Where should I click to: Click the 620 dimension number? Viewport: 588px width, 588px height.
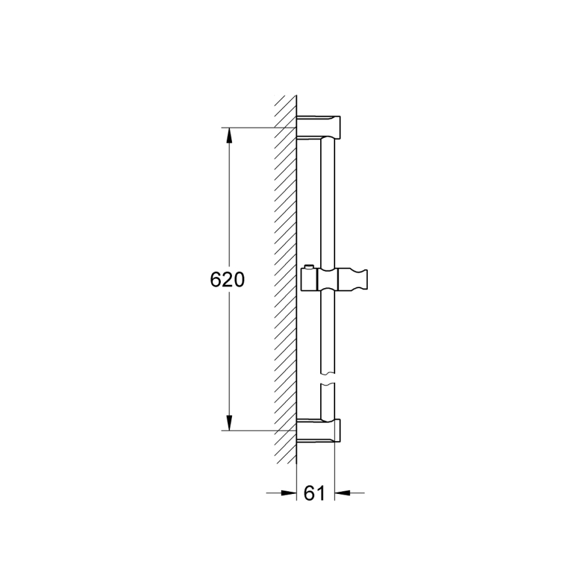point(227,280)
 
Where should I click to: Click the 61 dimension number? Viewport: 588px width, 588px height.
point(314,493)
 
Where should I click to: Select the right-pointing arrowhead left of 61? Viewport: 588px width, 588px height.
point(289,493)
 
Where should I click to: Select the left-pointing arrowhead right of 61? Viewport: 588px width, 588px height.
point(342,493)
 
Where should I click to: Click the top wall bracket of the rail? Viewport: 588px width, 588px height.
point(318,127)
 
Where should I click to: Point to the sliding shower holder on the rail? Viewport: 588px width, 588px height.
point(334,278)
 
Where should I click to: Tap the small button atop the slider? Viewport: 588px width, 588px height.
point(308,267)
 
